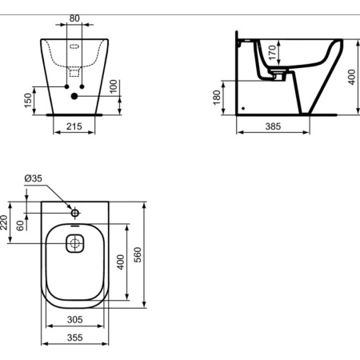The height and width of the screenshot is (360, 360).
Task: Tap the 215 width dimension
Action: coord(74,128)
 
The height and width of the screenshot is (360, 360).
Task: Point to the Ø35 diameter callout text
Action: coord(33,178)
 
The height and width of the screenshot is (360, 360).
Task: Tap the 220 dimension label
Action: coord(4,222)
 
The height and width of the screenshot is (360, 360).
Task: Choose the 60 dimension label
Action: coord(20,226)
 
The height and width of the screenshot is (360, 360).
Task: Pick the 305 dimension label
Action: coord(74,319)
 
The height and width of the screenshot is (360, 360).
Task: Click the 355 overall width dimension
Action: coord(74,338)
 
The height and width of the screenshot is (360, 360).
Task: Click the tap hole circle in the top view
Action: coord(74,214)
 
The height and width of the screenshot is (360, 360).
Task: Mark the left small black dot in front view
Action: coord(66,85)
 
